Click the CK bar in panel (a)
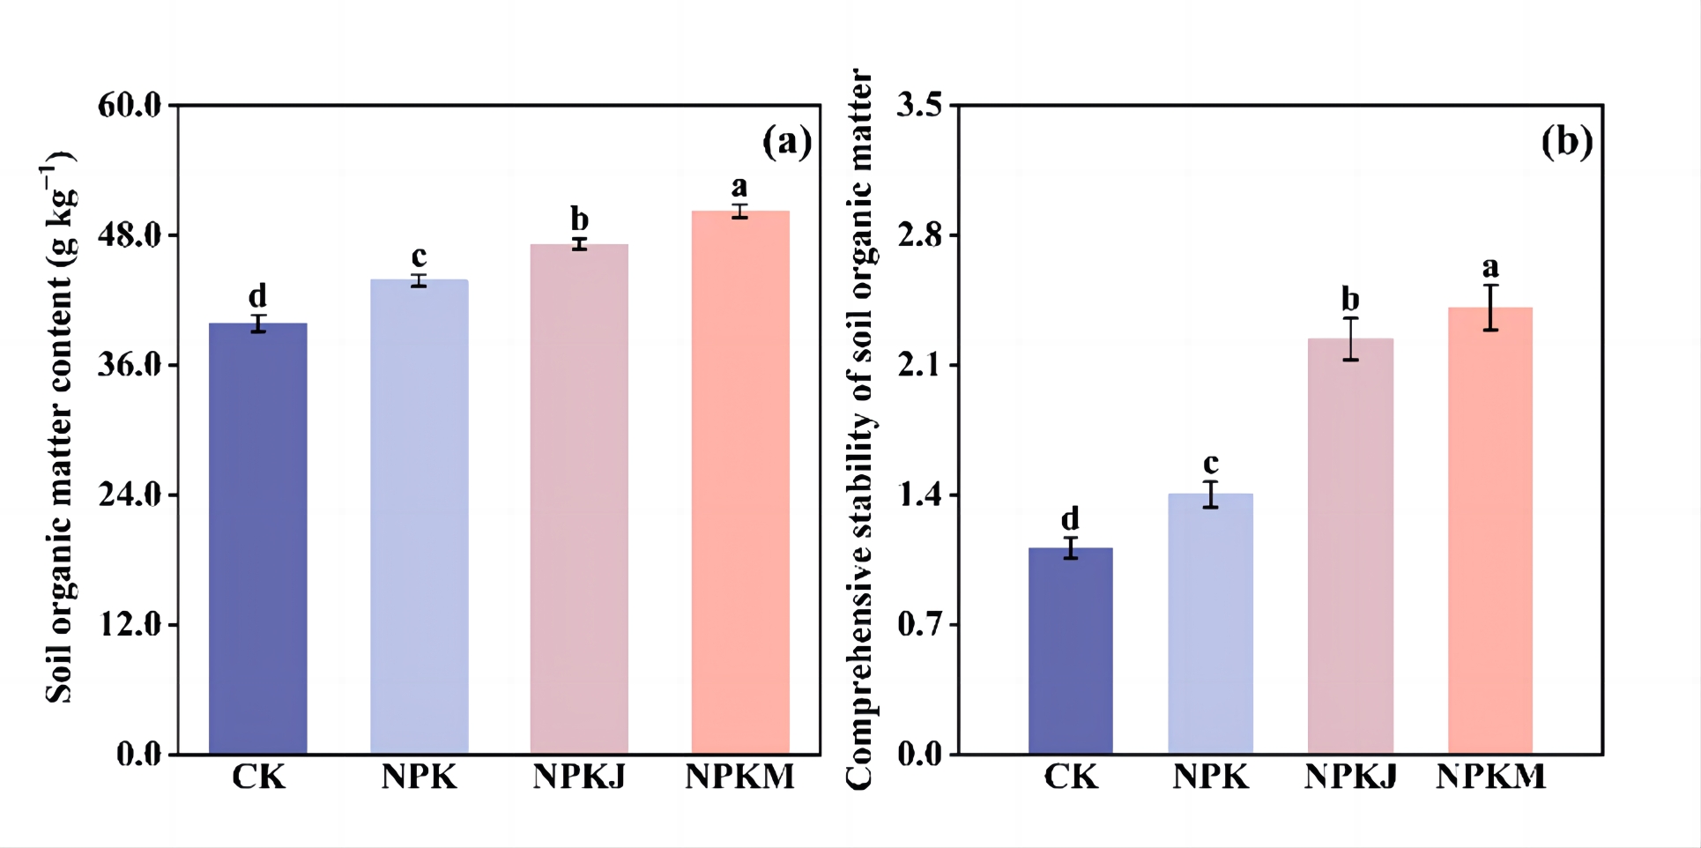tap(257, 538)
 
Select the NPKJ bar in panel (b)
tap(1350, 546)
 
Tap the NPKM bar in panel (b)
tap(1490, 530)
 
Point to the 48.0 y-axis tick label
tap(130, 235)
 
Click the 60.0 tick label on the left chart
tap(130, 106)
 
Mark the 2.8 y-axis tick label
tap(919, 235)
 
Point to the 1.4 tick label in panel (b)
tap(919, 495)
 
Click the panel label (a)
tap(786, 141)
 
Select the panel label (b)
tap(1566, 141)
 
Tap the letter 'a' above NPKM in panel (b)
tap(1490, 266)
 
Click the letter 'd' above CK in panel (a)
tap(257, 295)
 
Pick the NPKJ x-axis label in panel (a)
tap(579, 777)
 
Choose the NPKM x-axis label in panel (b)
tap(1490, 777)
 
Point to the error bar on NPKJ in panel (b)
tap(1350, 338)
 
